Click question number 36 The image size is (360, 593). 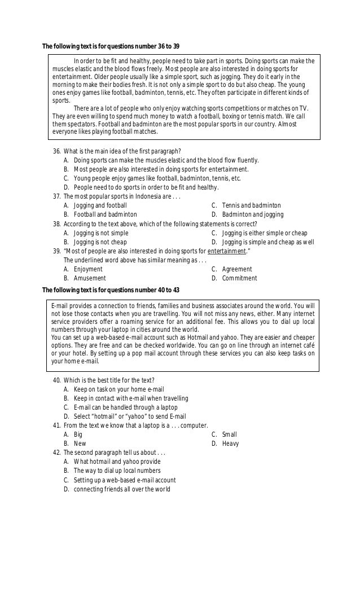pyautogui.click(x=122, y=151)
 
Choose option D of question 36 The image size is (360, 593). pyautogui.click(x=146, y=187)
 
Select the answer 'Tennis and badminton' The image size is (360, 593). pyautogui.click(x=251, y=205)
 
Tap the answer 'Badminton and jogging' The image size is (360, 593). pyautogui.click(x=253, y=214)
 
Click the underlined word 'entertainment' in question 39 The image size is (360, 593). pyautogui.click(x=226, y=251)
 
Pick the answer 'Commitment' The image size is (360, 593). pyautogui.click(x=239, y=278)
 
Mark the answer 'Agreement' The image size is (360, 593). pyautogui.click(x=237, y=269)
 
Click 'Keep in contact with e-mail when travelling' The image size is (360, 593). pyautogui.click(x=131, y=398)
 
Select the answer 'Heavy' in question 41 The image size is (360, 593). pyautogui.click(x=230, y=443)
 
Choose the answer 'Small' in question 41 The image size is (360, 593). pyautogui.click(x=230, y=434)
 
